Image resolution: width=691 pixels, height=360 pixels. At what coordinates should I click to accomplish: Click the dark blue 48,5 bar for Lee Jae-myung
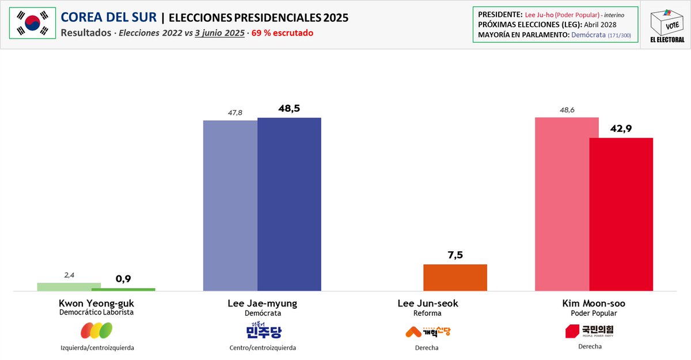[x=288, y=204]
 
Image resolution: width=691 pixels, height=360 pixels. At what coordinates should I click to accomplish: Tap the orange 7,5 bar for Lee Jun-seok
[x=455, y=277]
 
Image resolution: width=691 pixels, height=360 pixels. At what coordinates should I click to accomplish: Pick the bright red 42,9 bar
[x=621, y=214]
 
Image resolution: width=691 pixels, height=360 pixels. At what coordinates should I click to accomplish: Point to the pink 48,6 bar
[x=562, y=204]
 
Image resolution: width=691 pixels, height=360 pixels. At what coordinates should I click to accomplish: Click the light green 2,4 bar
[x=69, y=286]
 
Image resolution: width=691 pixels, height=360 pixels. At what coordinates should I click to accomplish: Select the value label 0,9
[x=123, y=279]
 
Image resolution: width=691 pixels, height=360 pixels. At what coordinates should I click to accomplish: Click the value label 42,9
[x=621, y=128]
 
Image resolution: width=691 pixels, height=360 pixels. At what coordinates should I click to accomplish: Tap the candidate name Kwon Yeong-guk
[x=96, y=303]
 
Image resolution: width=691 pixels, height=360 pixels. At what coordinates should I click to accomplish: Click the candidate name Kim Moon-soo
[x=593, y=303]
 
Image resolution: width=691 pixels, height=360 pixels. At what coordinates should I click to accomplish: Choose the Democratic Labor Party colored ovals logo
[x=96, y=331]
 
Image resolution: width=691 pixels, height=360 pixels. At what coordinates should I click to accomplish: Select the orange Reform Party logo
[x=428, y=331]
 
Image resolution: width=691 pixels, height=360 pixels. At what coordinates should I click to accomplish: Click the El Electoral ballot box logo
[x=667, y=25]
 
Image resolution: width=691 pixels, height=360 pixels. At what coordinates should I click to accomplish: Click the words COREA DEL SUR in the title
[x=108, y=17]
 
